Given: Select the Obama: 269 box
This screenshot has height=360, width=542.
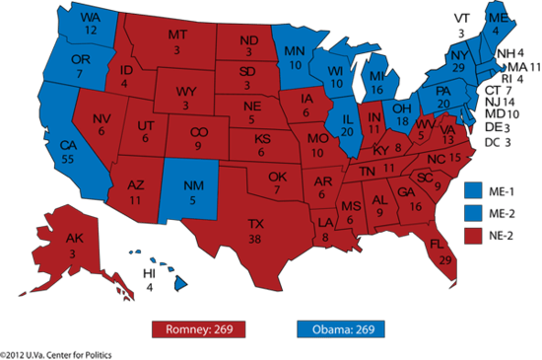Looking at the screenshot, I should [340, 327].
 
